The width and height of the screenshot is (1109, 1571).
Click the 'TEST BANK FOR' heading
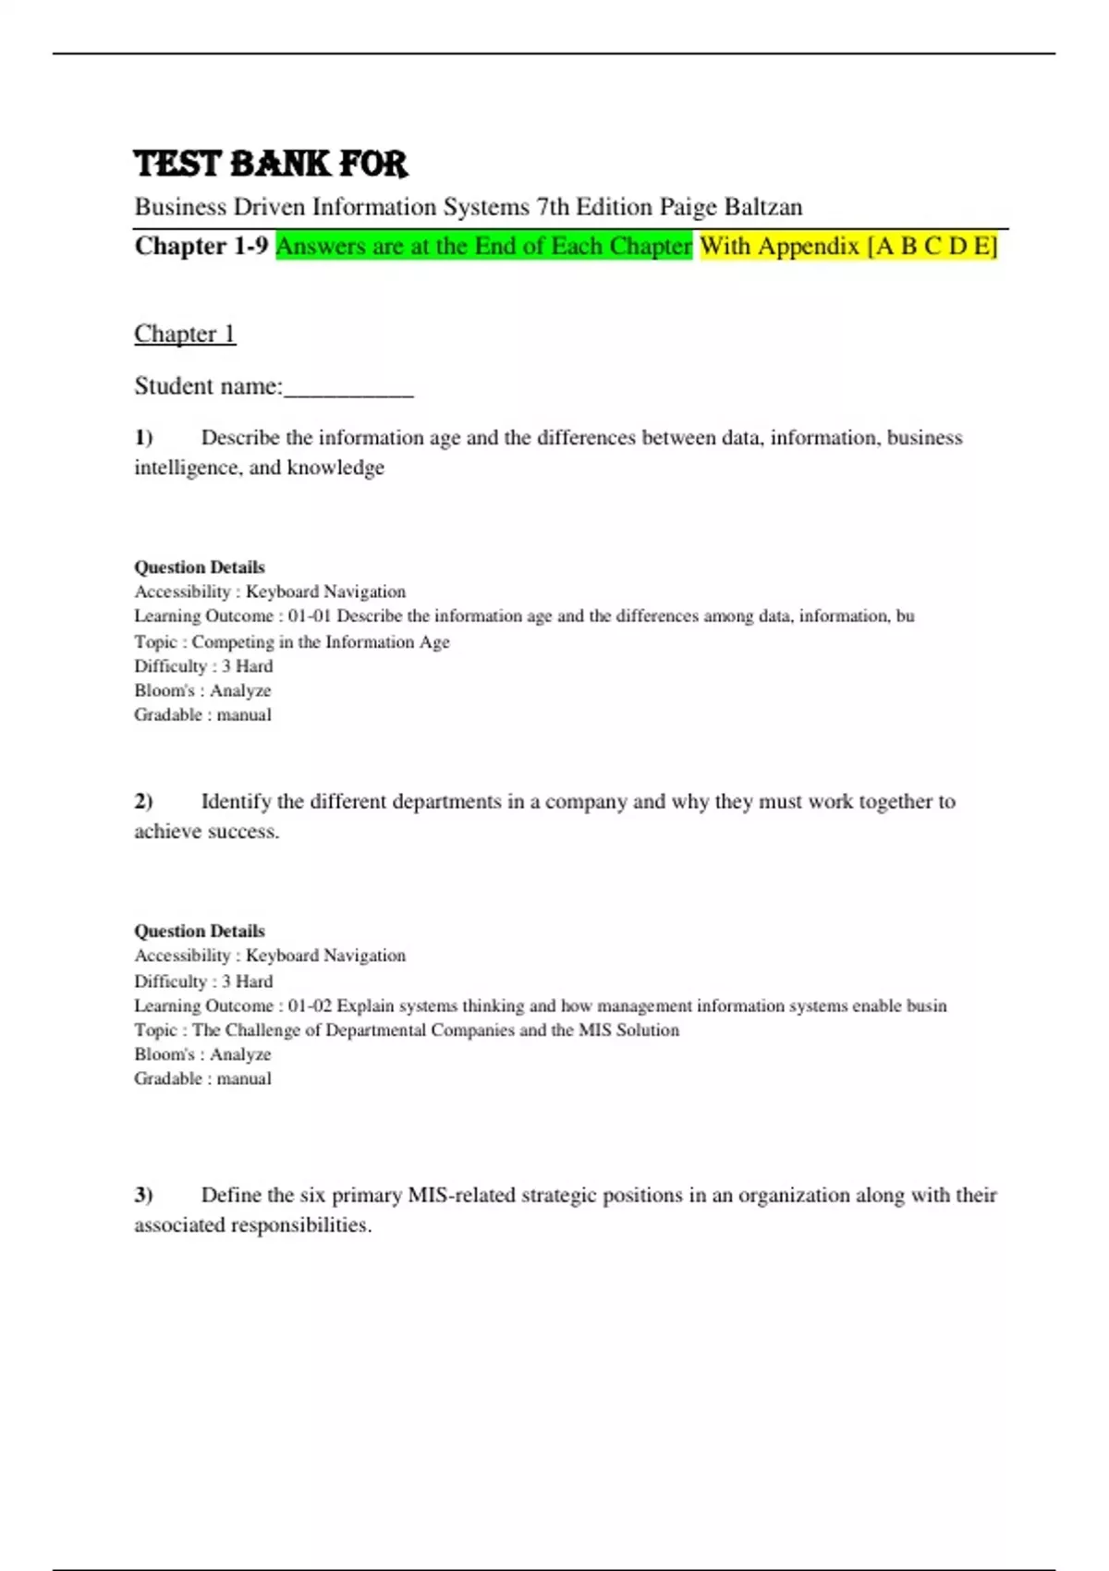pos(271,164)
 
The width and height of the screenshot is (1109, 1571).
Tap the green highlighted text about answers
pos(483,246)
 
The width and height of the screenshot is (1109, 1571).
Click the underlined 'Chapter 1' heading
pos(185,334)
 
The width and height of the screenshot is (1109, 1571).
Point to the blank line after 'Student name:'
pos(348,388)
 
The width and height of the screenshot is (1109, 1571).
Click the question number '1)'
pos(143,437)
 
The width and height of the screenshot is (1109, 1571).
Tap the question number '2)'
pos(143,801)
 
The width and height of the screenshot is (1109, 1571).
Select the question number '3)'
pos(143,1195)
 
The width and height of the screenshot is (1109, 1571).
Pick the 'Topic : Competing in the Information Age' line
pos(292,641)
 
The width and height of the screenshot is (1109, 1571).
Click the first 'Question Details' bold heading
pos(200,567)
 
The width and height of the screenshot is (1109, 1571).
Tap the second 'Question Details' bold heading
pos(200,932)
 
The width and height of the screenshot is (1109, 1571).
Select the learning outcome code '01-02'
pos(309,1005)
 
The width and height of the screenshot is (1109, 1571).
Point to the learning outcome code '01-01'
pos(309,616)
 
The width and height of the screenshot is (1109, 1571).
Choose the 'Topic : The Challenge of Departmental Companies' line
pos(407,1030)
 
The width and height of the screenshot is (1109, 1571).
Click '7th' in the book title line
pos(553,207)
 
